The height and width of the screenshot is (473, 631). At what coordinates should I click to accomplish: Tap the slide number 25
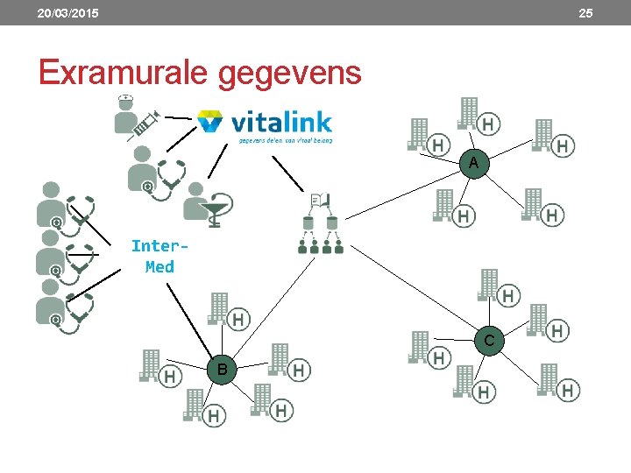(x=585, y=13)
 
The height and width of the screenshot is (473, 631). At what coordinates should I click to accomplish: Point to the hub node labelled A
(x=473, y=164)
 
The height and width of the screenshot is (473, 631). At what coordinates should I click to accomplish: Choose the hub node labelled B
(x=223, y=371)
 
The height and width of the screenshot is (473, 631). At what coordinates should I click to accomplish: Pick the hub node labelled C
(x=490, y=339)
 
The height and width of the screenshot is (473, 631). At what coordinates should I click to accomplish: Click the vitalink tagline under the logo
(x=285, y=138)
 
